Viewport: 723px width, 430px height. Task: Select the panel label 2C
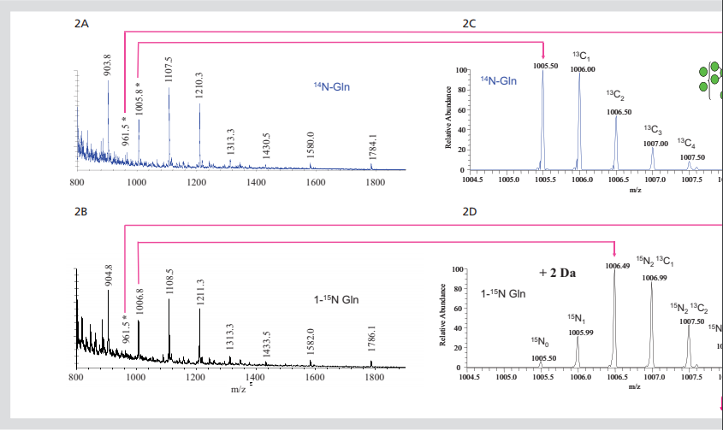(469, 23)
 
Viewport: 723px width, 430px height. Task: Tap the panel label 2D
(469, 210)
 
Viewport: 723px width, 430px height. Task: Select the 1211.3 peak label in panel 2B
(200, 292)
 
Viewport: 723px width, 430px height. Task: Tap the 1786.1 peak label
(372, 339)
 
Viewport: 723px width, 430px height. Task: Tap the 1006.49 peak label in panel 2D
(617, 266)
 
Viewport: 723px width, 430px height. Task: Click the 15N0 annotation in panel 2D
(540, 342)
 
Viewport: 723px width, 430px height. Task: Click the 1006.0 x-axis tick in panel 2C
(580, 180)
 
